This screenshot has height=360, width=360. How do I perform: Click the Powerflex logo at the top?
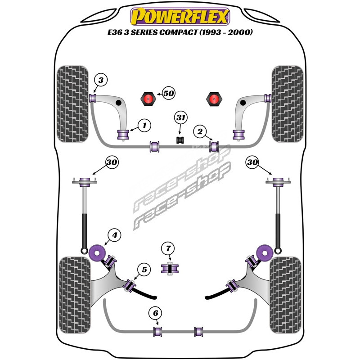tap(180, 17)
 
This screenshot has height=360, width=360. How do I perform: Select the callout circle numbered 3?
tap(101, 81)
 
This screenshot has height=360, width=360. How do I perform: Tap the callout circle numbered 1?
tap(144, 126)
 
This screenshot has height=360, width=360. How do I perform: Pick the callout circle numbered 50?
tap(168, 94)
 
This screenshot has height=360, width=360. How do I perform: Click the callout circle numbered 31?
tap(181, 118)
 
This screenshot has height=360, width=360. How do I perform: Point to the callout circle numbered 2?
tap(200, 132)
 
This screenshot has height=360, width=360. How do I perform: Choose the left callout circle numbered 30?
tap(112, 162)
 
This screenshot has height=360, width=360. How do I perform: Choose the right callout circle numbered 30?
tap(252, 162)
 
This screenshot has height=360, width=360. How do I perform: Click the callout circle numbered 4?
tap(114, 235)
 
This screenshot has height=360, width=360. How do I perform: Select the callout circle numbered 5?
tap(144, 270)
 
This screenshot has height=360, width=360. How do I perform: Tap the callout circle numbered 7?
tap(168, 248)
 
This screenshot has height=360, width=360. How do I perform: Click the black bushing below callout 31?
tap(181, 139)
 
